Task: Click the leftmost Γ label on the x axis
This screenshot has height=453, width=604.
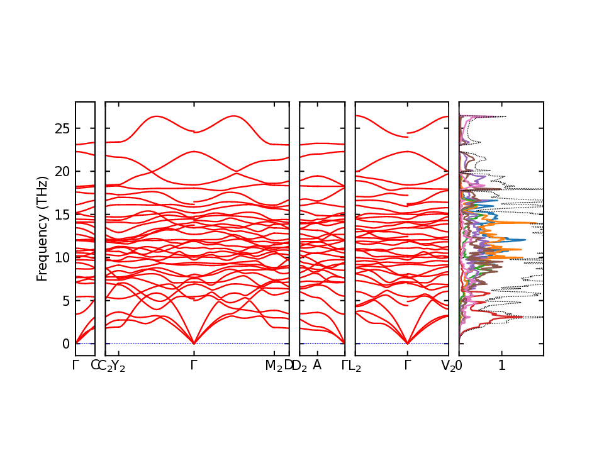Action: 75,366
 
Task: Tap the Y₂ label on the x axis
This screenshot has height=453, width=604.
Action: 118,366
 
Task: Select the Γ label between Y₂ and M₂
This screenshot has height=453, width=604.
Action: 194,366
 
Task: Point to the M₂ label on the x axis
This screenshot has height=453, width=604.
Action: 274,366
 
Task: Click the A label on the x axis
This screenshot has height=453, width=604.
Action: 317,366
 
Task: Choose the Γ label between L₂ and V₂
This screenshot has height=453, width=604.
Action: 408,366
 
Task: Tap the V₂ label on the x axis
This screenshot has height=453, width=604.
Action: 448,366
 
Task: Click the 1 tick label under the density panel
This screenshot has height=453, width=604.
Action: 502,366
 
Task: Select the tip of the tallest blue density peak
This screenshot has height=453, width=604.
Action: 525,240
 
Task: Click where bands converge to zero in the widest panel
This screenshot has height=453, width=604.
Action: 194,344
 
